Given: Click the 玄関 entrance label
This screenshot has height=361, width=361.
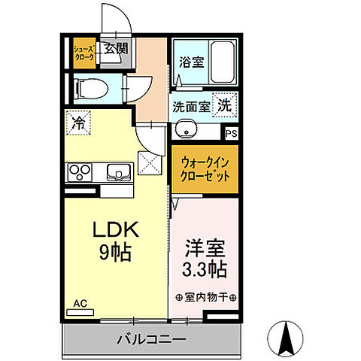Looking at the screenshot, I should click(x=115, y=50).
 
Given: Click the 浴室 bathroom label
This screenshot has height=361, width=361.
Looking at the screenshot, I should click(x=191, y=63).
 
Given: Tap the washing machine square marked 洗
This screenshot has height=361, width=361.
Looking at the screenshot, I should click(x=225, y=105).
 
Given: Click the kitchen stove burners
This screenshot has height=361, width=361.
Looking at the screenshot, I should click(x=79, y=172).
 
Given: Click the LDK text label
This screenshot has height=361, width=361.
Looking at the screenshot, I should click(x=112, y=229).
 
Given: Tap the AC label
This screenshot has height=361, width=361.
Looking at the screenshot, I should click(x=80, y=304).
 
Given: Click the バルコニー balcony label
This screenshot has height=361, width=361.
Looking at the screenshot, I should click(x=150, y=340).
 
